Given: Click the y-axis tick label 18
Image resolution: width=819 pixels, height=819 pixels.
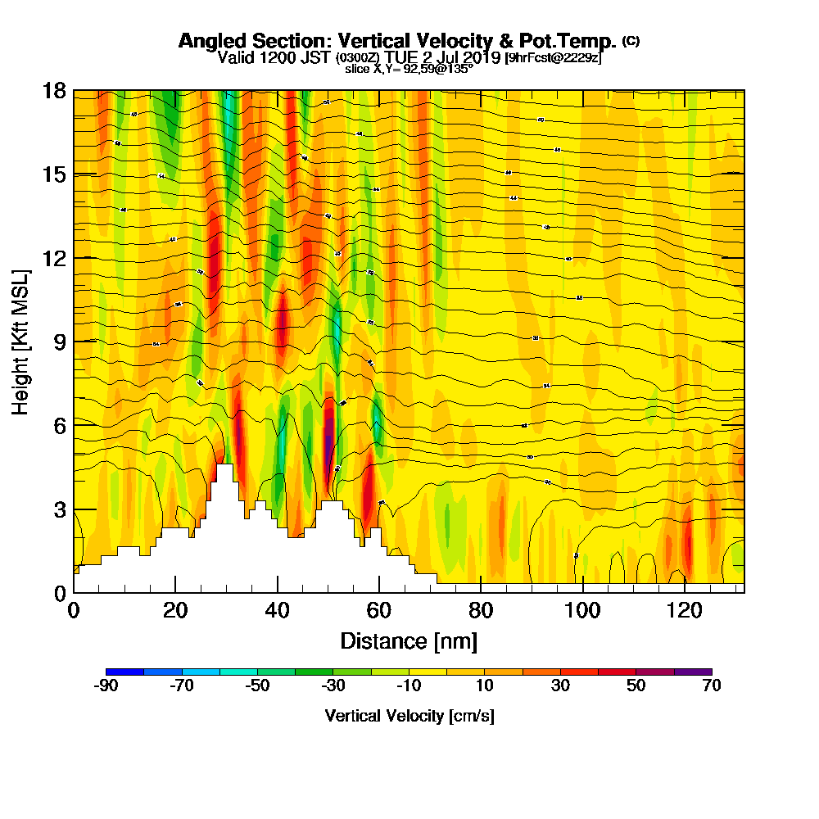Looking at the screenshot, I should click(x=54, y=90).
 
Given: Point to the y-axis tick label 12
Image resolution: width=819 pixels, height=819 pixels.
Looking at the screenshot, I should click(x=54, y=258).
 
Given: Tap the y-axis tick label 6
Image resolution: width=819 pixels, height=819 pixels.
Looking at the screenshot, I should click(x=59, y=425).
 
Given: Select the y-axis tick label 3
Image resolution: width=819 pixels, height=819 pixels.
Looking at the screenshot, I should click(x=59, y=509).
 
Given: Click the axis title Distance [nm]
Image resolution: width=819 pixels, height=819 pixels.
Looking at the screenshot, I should click(x=409, y=640).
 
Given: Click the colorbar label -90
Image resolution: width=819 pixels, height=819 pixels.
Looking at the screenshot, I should click(x=106, y=686).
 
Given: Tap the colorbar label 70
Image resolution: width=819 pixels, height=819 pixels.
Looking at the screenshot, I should click(x=712, y=686).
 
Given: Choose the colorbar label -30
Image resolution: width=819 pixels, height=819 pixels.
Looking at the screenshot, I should click(x=333, y=686).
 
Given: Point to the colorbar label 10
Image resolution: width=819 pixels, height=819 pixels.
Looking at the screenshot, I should click(x=485, y=686).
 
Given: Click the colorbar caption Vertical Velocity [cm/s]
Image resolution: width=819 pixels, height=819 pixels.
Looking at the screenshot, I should click(x=409, y=716).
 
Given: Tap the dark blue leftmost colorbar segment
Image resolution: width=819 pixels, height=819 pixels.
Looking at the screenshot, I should click(x=125, y=672).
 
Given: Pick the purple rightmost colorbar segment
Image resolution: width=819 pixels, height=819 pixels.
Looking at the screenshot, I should click(x=693, y=672).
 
